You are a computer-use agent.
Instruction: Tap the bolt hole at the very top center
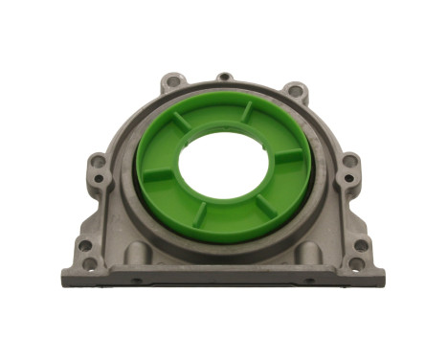224,77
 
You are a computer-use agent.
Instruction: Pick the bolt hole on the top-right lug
294,92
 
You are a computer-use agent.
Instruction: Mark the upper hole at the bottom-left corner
84,246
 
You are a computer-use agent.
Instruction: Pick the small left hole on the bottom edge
137,281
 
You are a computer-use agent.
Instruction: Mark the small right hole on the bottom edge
308,280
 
